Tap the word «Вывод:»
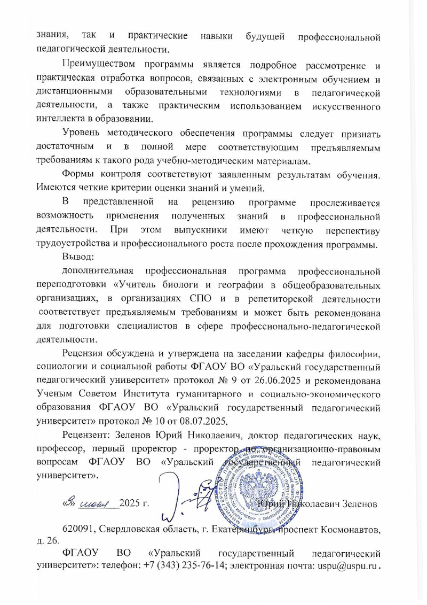point(78,257)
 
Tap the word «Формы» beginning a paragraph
point(77,175)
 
